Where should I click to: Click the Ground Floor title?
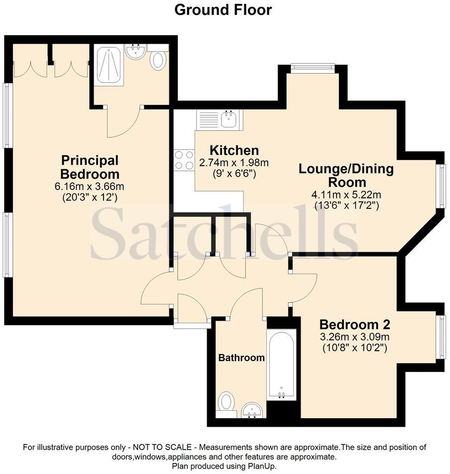(x=223, y=9)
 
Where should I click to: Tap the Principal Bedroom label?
(x=90, y=167)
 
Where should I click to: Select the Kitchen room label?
(x=234, y=150)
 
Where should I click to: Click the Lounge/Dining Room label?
(x=346, y=175)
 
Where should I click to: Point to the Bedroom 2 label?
(x=354, y=325)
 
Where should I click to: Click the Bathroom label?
(x=241, y=358)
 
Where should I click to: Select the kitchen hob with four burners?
(x=184, y=160)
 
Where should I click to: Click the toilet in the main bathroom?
(x=227, y=401)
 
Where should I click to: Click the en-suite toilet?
(x=159, y=60)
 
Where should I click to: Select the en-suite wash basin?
(x=135, y=52)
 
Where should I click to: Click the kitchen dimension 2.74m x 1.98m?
(x=234, y=163)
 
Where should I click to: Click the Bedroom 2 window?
(x=441, y=337)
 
